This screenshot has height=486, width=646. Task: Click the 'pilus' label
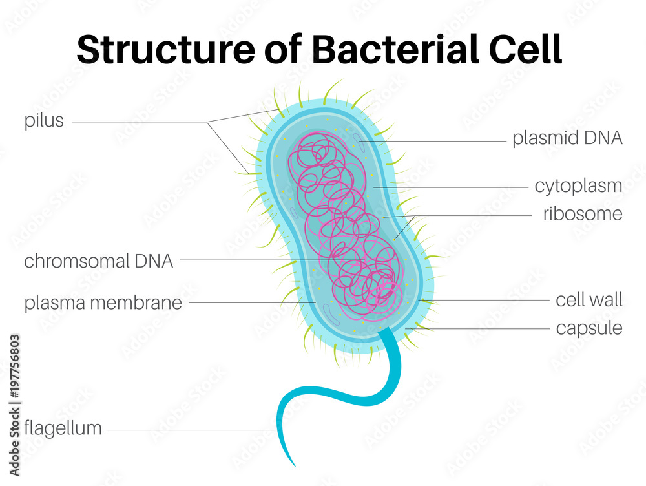[44, 121]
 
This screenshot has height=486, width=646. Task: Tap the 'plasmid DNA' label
[567, 139]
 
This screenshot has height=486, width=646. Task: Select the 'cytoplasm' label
[578, 186]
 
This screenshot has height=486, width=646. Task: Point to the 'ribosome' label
[582, 214]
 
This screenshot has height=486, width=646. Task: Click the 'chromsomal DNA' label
[98, 261]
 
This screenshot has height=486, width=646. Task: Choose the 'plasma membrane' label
[103, 302]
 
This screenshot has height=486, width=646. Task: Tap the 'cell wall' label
[589, 300]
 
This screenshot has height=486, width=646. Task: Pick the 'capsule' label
[589, 328]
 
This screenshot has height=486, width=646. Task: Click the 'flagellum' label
[63, 428]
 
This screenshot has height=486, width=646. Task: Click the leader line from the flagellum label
[194, 430]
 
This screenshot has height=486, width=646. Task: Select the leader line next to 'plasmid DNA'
[439, 141]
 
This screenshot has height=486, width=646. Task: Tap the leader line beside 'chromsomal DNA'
[258, 261]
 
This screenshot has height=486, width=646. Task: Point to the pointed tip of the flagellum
[294, 464]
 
